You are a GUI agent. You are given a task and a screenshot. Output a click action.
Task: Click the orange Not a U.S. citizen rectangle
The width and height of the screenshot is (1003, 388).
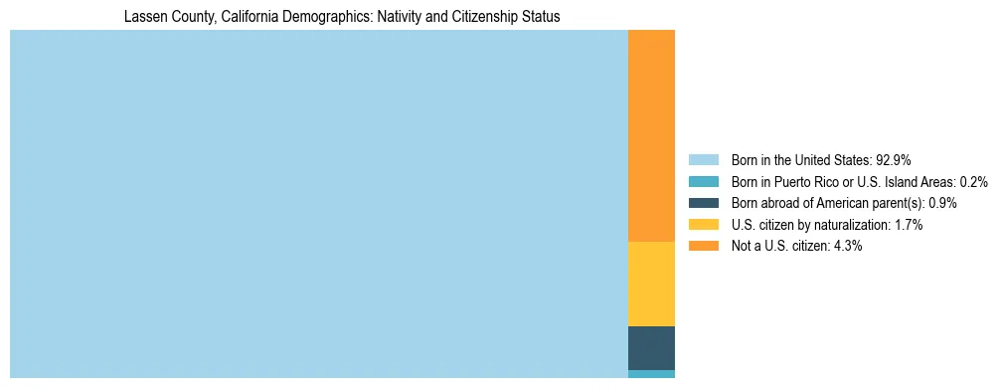click(x=651, y=135)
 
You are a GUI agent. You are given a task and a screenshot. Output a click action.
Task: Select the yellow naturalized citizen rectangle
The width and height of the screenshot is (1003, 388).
click(x=651, y=284)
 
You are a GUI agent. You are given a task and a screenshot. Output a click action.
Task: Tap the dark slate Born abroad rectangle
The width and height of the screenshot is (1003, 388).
click(x=651, y=348)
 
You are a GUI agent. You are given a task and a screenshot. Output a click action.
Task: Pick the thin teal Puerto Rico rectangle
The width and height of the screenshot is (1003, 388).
click(x=651, y=374)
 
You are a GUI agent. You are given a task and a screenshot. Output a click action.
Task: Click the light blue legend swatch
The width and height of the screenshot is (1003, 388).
click(x=703, y=160)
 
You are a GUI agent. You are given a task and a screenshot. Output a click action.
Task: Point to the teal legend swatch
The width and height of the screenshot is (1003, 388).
click(x=703, y=182)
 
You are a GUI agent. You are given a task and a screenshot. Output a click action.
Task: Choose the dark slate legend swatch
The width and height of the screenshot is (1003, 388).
click(x=703, y=203)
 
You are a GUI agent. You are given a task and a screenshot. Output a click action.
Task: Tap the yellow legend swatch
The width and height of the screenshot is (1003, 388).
click(x=703, y=225)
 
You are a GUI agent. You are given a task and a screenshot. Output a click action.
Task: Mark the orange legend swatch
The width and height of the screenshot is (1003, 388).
click(x=703, y=247)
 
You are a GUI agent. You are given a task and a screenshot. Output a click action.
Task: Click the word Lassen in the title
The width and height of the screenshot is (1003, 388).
click(x=145, y=17)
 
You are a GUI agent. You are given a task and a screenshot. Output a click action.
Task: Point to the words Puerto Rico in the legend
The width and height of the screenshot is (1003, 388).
click(x=809, y=182)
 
